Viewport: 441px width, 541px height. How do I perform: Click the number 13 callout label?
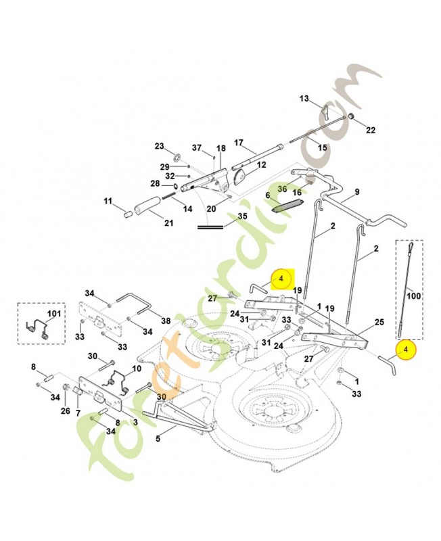tap(304, 99)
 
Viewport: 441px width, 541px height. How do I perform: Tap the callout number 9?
tap(357, 191)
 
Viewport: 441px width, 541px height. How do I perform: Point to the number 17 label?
tap(238, 143)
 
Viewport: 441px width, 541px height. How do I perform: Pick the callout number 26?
tap(66, 410)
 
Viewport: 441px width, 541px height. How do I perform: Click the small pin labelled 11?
tap(126, 213)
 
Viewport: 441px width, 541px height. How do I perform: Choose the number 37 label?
tap(197, 147)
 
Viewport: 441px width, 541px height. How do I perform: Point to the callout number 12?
tap(261, 164)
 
